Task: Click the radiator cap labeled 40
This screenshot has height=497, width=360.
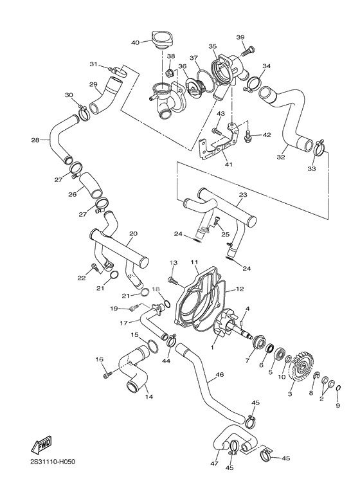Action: pyautogui.click(x=161, y=40)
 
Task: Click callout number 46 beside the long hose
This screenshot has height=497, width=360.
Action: pyautogui.click(x=220, y=375)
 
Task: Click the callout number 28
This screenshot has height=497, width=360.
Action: pyautogui.click(x=35, y=140)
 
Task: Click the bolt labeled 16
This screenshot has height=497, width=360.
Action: pyautogui.click(x=107, y=375)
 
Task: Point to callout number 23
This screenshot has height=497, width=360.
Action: pyautogui.click(x=243, y=195)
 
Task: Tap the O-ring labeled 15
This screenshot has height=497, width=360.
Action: pyautogui.click(x=152, y=347)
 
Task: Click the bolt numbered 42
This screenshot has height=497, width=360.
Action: pyautogui.click(x=248, y=136)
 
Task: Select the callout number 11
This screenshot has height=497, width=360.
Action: pyautogui.click(x=194, y=262)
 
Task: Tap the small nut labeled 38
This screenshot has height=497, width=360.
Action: pyautogui.click(x=169, y=73)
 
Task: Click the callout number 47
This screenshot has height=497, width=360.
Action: pyautogui.click(x=215, y=464)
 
